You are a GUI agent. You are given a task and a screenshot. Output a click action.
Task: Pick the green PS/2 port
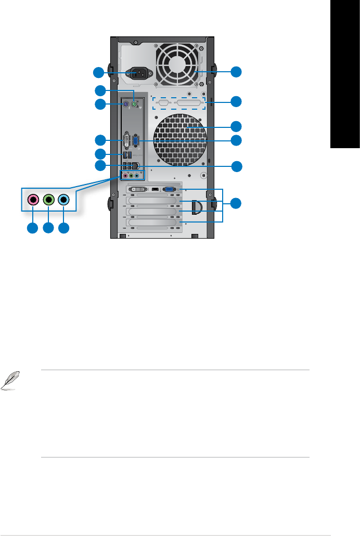(x=134, y=104)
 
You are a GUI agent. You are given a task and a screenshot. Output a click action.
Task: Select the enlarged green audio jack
(x=48, y=199)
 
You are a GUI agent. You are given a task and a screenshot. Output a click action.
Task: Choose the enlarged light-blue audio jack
(x=63, y=199)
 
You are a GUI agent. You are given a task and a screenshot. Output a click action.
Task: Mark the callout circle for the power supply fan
(x=237, y=72)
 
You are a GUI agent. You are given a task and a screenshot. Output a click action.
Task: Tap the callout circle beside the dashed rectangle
(x=237, y=101)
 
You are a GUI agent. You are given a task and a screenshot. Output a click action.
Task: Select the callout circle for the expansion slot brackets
(x=237, y=203)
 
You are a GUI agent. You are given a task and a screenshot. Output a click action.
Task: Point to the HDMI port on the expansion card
(x=155, y=190)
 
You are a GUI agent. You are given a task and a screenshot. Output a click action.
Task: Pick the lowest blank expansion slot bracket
(x=153, y=223)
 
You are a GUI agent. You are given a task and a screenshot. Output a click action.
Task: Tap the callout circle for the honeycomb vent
(x=237, y=126)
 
